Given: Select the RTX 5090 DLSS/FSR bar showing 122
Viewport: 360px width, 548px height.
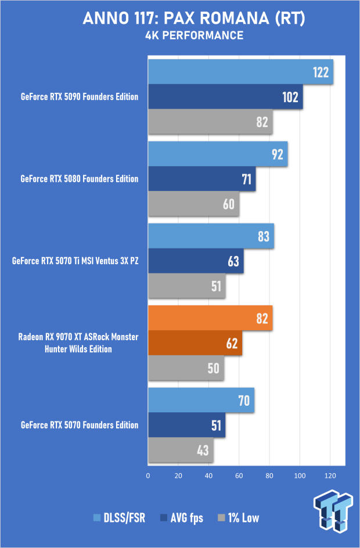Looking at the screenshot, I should pos(240,72).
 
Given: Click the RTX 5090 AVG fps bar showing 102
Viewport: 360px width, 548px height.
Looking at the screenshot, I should pos(225,97).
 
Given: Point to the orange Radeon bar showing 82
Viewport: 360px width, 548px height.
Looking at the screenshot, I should pos(210,318).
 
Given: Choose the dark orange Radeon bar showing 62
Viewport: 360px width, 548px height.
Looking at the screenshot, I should pos(195,342).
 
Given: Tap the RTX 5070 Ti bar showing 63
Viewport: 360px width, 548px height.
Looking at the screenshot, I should pos(196,261).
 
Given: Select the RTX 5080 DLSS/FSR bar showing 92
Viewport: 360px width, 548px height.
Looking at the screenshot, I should pos(218,154).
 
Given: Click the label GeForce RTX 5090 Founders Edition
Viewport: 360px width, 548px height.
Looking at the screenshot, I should pos(80,97).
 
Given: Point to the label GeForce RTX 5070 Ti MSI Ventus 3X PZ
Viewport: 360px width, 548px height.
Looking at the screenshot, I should pos(75,261).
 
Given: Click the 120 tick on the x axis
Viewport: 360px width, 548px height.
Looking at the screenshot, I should pos(330,476).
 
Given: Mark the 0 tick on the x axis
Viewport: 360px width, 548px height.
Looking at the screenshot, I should pos(148,476).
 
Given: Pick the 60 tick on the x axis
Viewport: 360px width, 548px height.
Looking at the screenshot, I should pos(239,476).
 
